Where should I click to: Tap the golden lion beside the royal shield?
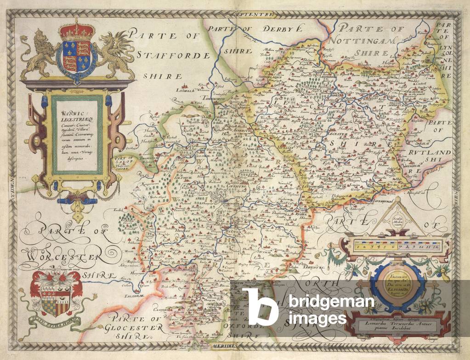39,53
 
